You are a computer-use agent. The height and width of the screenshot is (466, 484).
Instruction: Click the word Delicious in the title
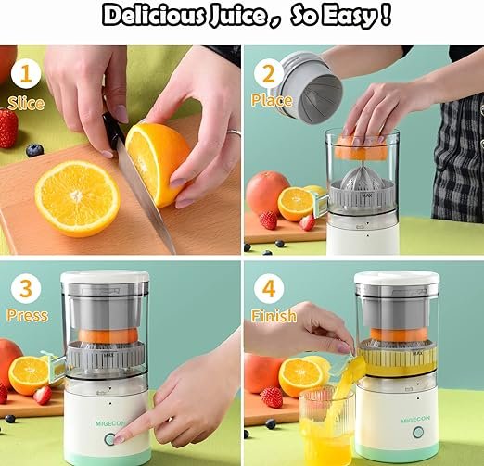click(154, 16)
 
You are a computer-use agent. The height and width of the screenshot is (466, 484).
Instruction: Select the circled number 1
click(25, 73)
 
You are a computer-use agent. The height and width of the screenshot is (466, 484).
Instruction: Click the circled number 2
click(269, 73)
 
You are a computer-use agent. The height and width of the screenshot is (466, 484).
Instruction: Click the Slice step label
click(25, 103)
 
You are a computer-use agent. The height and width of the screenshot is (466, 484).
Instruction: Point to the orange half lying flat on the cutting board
click(77, 197)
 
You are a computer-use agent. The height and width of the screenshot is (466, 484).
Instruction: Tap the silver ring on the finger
click(233, 134)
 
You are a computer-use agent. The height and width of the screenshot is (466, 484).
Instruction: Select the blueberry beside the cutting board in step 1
click(34, 150)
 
